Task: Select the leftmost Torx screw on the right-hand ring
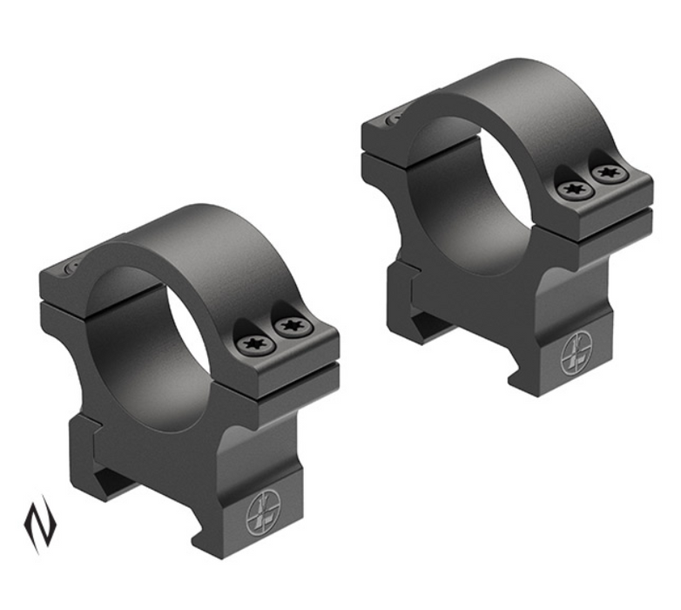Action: coord(575,188)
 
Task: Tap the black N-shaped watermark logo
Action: coord(39,523)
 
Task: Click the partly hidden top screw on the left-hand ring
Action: coord(73,268)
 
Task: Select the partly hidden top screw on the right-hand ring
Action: coord(394,116)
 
